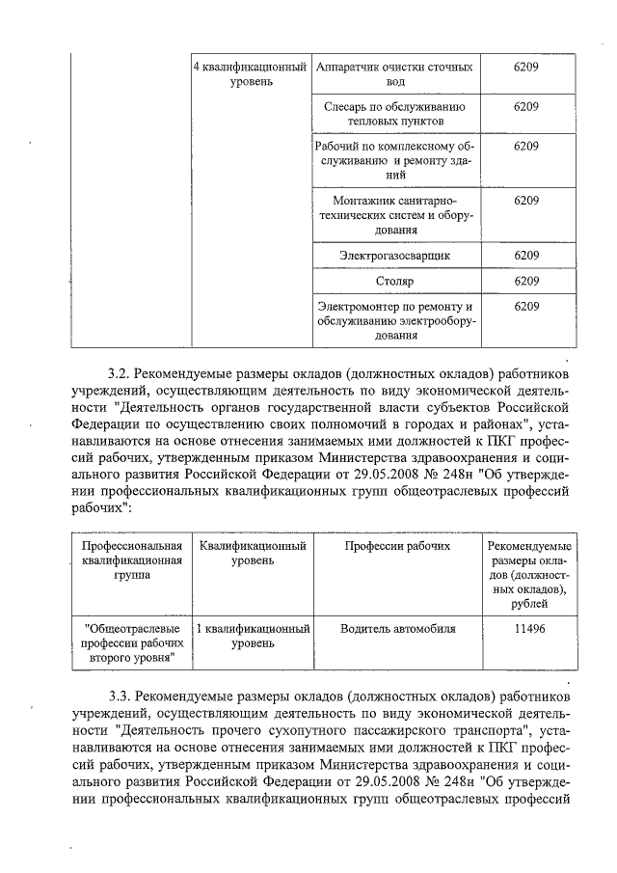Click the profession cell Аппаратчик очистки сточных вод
point(394,75)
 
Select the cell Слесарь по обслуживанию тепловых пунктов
point(394,115)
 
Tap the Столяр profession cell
point(394,281)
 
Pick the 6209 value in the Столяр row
point(526,281)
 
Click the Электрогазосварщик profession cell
point(394,255)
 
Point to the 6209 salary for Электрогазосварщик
point(526,255)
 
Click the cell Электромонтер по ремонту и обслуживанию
point(394,320)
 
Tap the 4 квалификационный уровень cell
point(252,75)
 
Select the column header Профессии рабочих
point(397,546)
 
